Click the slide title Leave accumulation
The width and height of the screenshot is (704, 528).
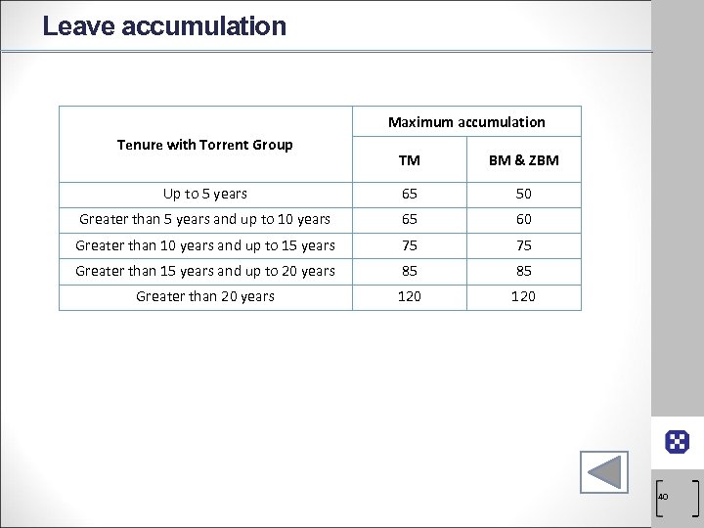click(x=164, y=25)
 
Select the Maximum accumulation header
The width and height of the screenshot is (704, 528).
click(x=466, y=122)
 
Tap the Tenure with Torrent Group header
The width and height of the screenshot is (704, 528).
click(x=204, y=145)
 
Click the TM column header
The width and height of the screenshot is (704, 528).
click(x=410, y=160)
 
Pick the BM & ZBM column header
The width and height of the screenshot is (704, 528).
click(x=523, y=160)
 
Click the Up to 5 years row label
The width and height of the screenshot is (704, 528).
click(x=204, y=195)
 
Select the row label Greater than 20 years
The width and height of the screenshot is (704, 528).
click(x=204, y=296)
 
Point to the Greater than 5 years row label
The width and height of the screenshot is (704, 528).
click(x=204, y=220)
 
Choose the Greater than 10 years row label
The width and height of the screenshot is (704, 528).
click(x=204, y=245)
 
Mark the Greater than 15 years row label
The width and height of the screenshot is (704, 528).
click(x=204, y=271)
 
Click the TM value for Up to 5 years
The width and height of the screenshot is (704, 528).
click(x=410, y=195)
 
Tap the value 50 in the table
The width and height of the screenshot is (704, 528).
click(x=523, y=195)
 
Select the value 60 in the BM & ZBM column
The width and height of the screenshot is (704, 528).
click(x=523, y=220)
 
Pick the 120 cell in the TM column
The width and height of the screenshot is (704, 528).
click(x=410, y=296)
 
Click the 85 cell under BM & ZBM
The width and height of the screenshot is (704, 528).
click(x=523, y=271)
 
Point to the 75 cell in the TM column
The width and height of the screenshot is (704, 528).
click(x=410, y=245)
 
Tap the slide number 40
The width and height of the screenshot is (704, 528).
click(x=663, y=498)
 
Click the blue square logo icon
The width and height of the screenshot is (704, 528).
click(x=677, y=442)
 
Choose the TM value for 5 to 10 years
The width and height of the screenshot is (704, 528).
click(x=410, y=220)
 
